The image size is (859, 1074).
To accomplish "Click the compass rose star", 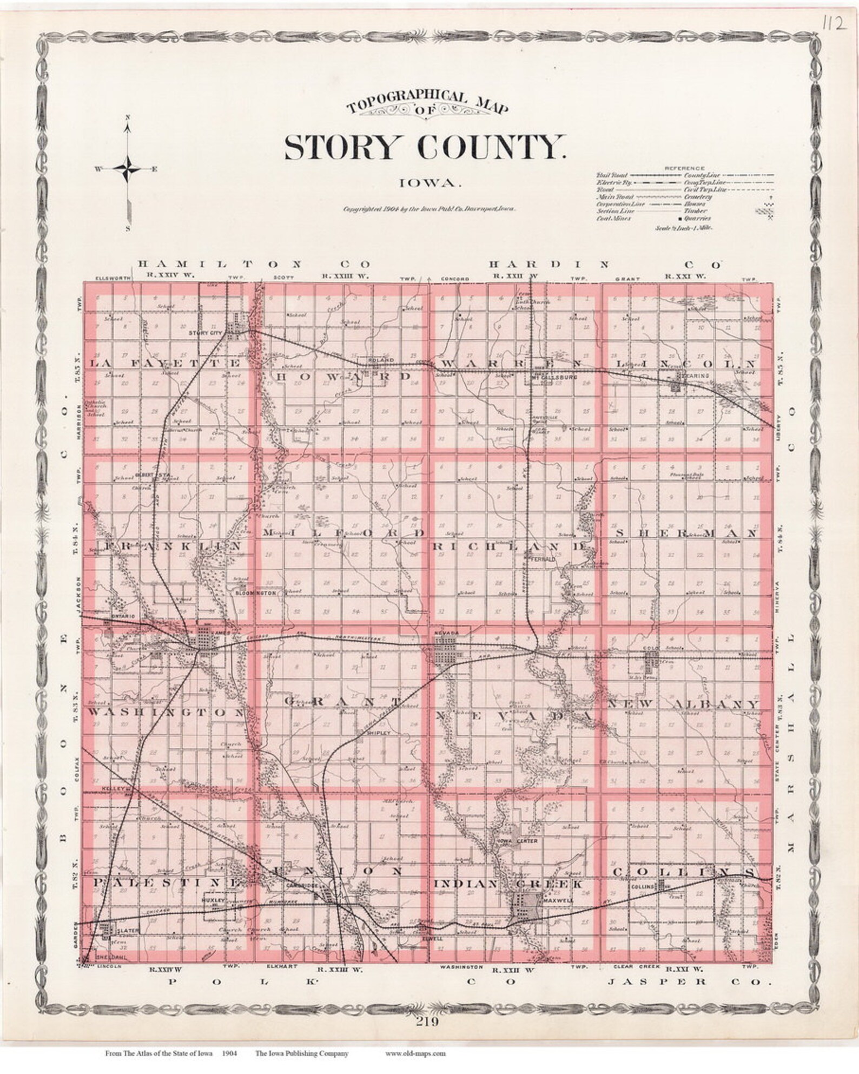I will (x=128, y=169).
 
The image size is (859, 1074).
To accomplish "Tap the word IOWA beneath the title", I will (x=429, y=183).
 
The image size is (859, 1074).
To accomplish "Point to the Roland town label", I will (x=376, y=360).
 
